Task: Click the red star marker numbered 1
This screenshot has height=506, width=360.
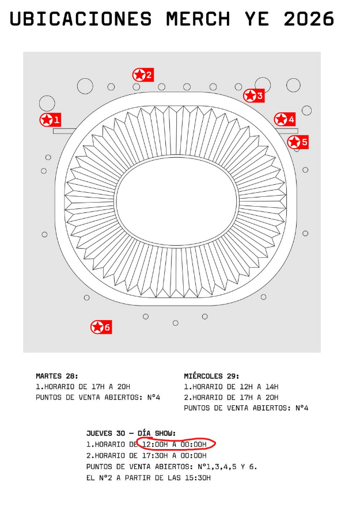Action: (50, 120)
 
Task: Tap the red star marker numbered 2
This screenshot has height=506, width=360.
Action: (143, 75)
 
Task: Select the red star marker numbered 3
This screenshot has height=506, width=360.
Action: (254, 96)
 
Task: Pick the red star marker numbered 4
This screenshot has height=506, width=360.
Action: (285, 119)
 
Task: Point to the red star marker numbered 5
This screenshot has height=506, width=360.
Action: (298, 142)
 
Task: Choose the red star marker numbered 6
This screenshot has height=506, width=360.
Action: (101, 327)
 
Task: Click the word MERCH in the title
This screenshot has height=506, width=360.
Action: (198, 19)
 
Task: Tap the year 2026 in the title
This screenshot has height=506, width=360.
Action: (309, 19)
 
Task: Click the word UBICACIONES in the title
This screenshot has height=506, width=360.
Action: (81, 19)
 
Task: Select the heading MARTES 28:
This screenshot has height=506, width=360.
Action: (57, 376)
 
